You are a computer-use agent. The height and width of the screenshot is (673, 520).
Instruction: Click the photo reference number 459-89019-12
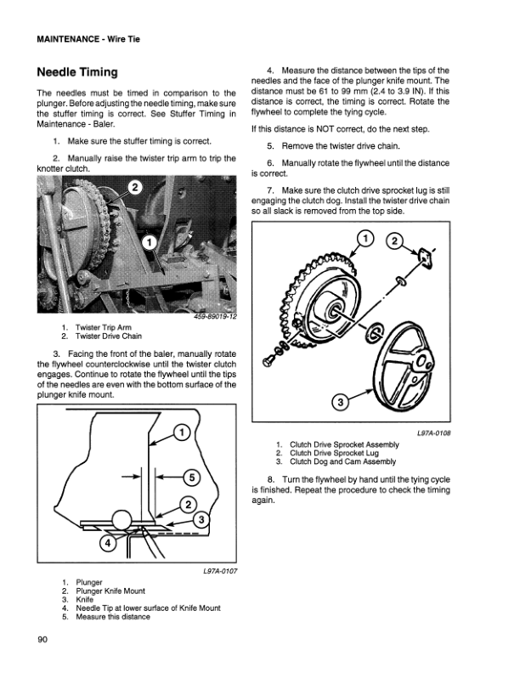pos(212,315)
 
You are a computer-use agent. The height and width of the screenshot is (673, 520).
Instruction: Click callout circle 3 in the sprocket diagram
pos(338,402)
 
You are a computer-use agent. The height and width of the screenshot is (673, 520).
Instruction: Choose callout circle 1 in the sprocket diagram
pos(363,240)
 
